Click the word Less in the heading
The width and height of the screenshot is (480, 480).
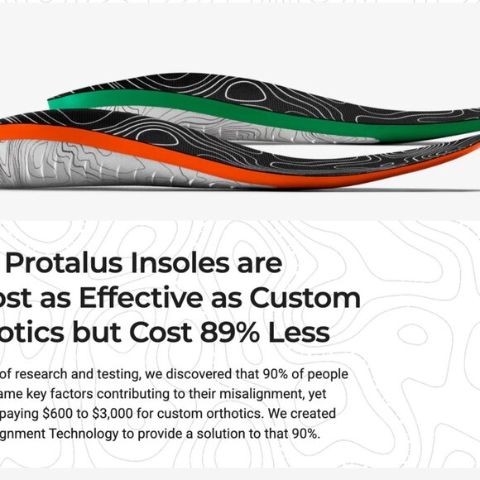[x=303, y=333]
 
